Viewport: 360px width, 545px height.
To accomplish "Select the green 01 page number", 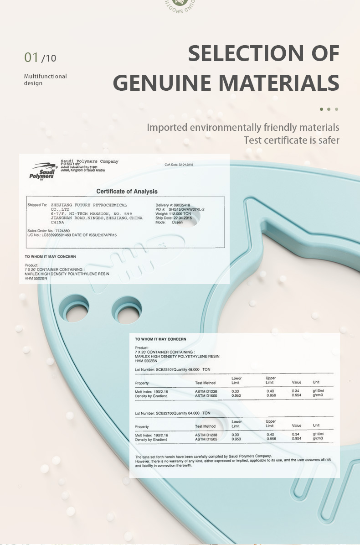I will pyautogui.click(x=31, y=57).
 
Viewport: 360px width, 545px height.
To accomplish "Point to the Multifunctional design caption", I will pyautogui.click(x=45, y=79).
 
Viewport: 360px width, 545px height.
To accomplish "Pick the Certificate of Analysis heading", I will pyautogui.click(x=127, y=191).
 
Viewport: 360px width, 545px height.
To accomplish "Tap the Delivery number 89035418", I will pyautogui.click(x=173, y=205).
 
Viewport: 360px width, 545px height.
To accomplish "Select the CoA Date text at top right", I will pyautogui.click(x=179, y=165).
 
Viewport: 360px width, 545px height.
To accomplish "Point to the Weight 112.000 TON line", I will pyautogui.click(x=173, y=214).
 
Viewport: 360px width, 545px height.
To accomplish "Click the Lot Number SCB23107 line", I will pyautogui.click(x=172, y=369).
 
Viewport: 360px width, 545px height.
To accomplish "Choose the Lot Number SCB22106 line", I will pyautogui.click(x=172, y=413).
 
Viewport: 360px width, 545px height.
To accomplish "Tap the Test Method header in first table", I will pyautogui.click(x=205, y=383).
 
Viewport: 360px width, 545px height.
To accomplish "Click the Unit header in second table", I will pyautogui.click(x=316, y=426).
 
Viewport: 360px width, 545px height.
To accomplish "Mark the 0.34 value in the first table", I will pyautogui.click(x=296, y=391).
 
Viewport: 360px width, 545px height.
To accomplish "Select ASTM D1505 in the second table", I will pyautogui.click(x=206, y=439).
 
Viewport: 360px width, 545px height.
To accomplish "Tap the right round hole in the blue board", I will pyautogui.click(x=127, y=310).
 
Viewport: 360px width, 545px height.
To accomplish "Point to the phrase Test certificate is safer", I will pyautogui.click(x=291, y=140).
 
